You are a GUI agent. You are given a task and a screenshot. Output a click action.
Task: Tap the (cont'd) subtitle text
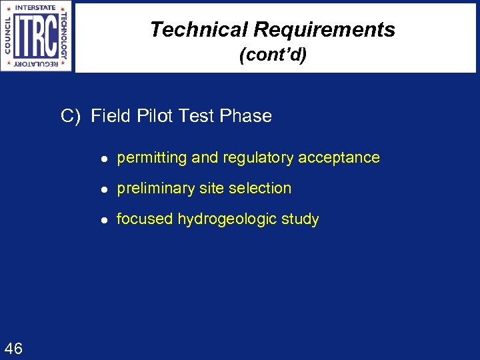click(x=273, y=55)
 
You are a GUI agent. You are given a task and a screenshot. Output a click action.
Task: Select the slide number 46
click(x=13, y=348)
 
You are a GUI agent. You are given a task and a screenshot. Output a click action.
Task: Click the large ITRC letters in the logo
click(x=37, y=37)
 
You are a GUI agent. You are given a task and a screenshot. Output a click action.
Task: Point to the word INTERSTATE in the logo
click(x=37, y=8)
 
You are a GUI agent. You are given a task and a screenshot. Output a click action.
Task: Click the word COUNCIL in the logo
click(x=7, y=37)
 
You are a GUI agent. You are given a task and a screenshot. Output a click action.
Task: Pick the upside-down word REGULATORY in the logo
click(x=37, y=65)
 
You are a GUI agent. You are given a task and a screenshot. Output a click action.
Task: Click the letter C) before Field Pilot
click(x=70, y=116)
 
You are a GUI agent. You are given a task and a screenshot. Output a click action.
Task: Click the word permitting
click(x=152, y=158)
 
